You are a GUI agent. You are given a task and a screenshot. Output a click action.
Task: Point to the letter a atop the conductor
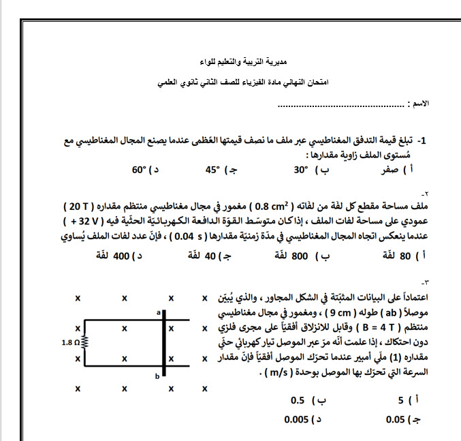(157, 311)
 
